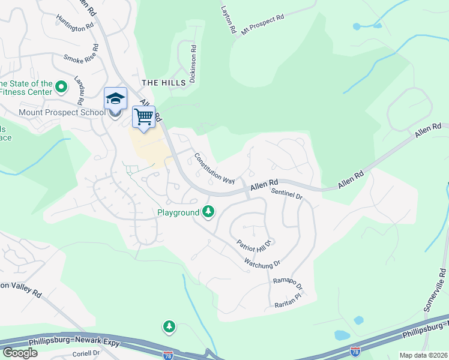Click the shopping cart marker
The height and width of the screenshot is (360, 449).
[144, 117]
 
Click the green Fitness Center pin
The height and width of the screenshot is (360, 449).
[61, 88]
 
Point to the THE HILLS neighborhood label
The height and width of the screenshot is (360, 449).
[160, 82]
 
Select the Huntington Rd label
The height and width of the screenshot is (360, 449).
[75, 23]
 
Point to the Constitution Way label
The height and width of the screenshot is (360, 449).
[214, 168]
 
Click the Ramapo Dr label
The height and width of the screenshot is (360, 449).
[287, 284]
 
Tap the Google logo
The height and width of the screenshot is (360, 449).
[20, 352]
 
